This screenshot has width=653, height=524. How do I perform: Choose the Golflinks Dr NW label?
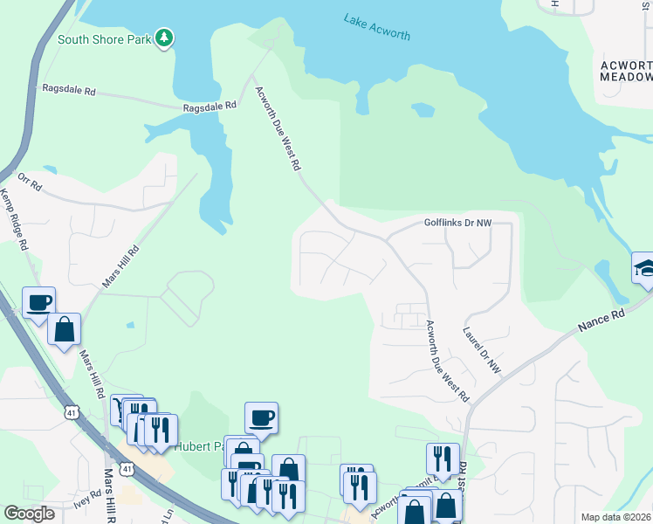coord(458,223)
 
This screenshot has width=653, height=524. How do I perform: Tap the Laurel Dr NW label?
coord(481,348)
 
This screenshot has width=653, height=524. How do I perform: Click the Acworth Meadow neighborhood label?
coord(626,71)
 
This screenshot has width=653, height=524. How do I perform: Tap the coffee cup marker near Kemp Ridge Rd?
coord(39,302)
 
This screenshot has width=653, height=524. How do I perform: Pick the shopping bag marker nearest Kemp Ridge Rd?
coord(65,329)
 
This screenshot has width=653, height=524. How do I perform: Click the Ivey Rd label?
coord(87,499)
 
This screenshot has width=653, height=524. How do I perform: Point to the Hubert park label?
coord(199,445)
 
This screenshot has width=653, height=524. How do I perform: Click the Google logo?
coord(29,514)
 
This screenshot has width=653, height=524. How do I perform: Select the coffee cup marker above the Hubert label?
coord(261,417)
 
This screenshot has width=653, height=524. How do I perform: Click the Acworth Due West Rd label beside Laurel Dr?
coord(447,361)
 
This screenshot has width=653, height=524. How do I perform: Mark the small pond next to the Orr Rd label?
coord(51,169)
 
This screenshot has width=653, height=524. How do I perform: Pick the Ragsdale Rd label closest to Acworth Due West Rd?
coord(210,106)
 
